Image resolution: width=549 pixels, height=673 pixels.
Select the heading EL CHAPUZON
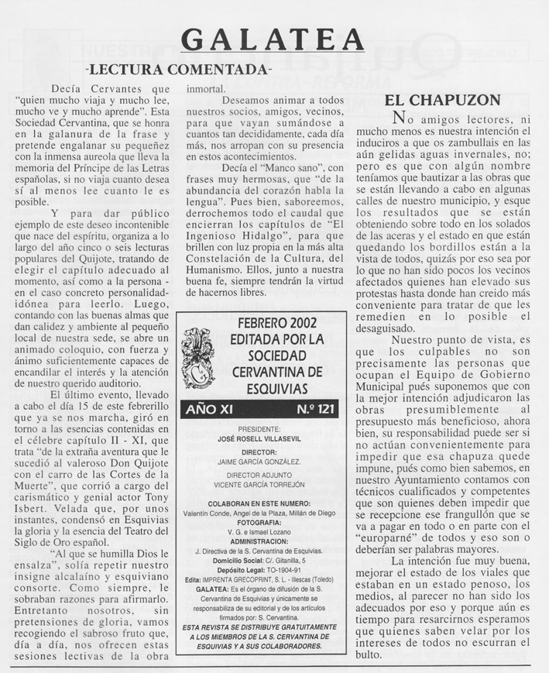pos(443,100)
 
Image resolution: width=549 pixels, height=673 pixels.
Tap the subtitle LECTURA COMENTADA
pos(183,70)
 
